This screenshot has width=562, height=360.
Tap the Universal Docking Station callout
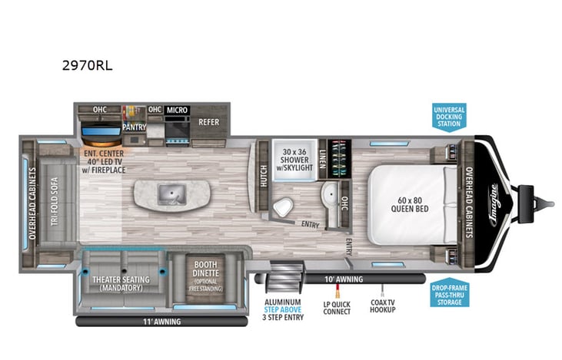click(x=448, y=116)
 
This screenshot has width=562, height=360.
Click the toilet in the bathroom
click(x=281, y=206)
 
